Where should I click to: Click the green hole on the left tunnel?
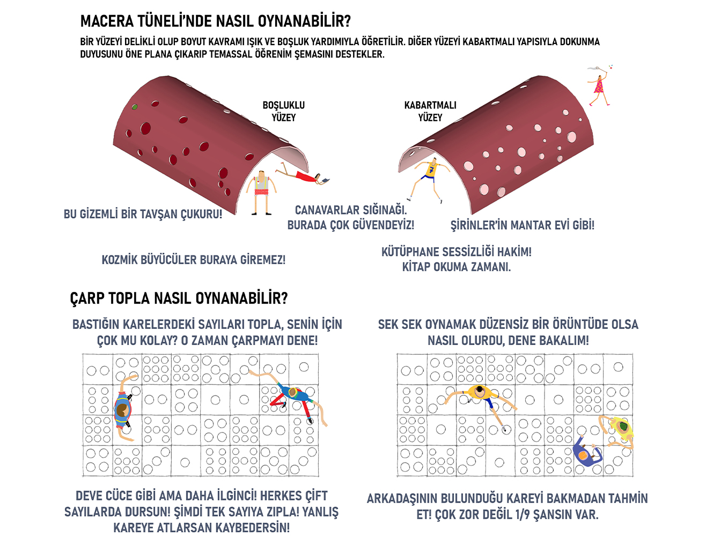pos(135,107)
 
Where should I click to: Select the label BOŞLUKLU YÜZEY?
pos(284,112)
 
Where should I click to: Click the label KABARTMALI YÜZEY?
pos(430,112)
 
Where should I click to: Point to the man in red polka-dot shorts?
pos(261,193)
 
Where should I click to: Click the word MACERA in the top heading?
pos(106,21)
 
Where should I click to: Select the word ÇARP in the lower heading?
pos(87,298)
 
